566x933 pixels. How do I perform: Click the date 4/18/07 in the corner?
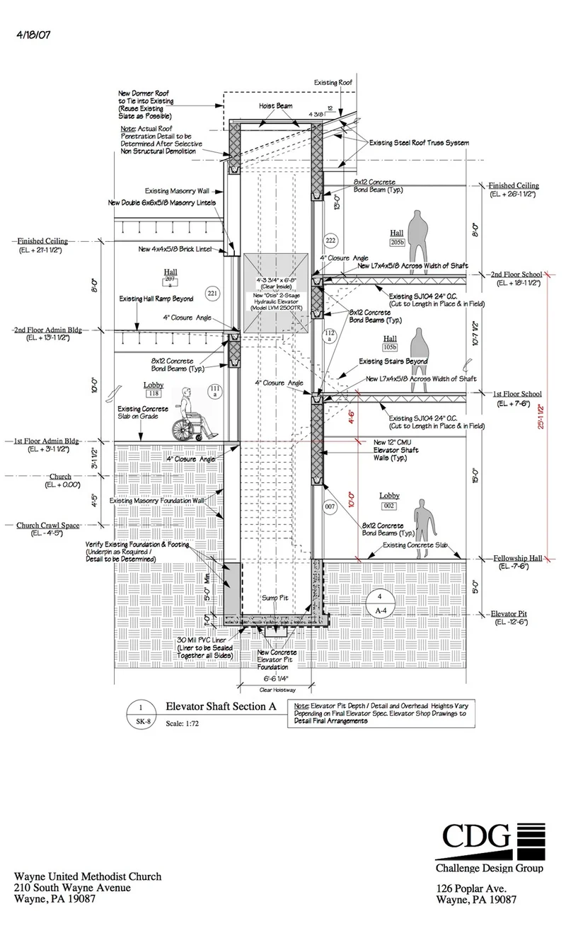point(33,33)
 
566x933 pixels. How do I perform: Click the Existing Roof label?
point(335,83)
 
